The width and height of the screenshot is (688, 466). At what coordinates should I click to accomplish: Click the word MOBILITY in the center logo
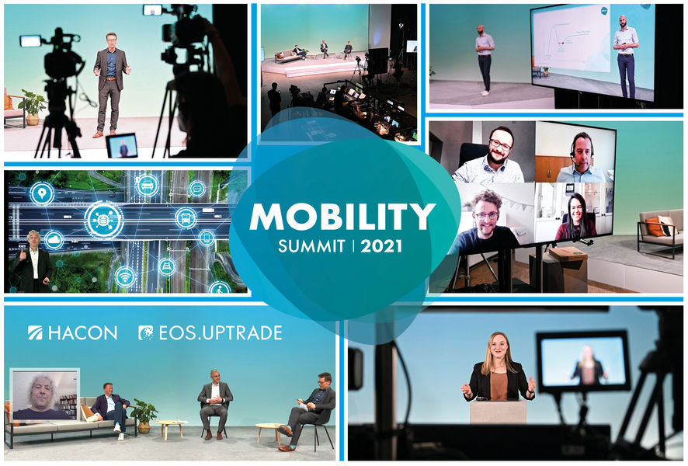point(342,217)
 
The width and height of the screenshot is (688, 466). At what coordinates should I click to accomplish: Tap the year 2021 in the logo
point(381,246)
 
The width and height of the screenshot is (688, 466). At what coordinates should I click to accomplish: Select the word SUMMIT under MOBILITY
point(311,246)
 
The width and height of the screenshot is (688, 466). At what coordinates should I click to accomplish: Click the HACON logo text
point(73,333)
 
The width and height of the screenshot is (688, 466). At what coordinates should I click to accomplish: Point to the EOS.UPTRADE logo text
point(210,333)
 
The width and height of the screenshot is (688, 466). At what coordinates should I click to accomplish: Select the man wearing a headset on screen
point(582,158)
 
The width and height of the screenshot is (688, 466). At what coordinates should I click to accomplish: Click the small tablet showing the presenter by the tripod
point(122,145)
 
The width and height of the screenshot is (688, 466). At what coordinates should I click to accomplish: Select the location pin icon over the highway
point(42,193)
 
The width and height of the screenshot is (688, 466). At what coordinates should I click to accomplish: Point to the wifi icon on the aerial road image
point(125,276)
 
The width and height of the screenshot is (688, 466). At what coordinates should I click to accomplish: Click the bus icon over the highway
point(186,218)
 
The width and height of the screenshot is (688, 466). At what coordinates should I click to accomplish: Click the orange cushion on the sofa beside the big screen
point(653,227)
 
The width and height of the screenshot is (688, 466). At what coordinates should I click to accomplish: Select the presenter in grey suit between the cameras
point(110,84)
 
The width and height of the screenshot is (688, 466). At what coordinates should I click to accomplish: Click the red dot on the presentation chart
point(561,43)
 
